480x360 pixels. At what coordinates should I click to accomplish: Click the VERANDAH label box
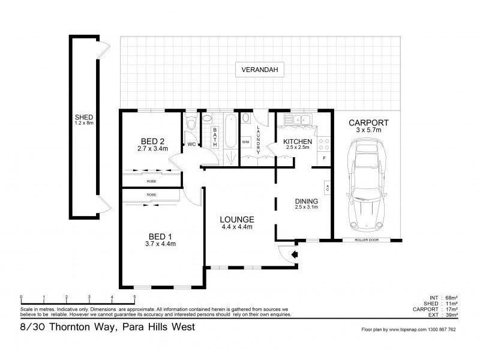259,70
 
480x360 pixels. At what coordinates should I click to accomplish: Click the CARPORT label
368,123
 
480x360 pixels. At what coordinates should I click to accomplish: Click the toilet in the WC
191,124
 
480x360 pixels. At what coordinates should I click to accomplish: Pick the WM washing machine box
246,142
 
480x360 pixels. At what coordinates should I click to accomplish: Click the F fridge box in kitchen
324,158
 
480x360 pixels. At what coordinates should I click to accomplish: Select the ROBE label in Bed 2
152,180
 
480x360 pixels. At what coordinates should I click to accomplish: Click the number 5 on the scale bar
134,297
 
